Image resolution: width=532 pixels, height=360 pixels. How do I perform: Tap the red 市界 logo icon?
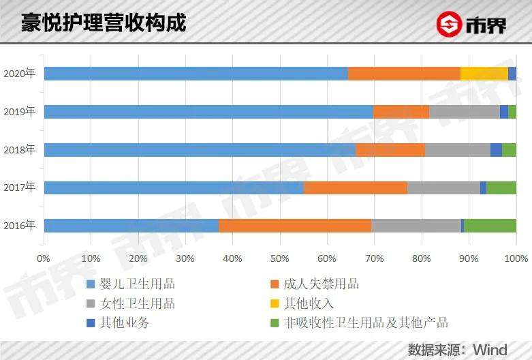pos(450,25)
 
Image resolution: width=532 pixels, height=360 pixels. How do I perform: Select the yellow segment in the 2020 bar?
pos(484,74)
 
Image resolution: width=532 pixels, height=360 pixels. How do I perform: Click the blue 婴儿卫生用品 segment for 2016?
pos(131,226)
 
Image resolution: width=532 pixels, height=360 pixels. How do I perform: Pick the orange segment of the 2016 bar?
pos(295,226)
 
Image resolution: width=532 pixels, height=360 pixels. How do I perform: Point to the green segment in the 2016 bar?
pos(490,226)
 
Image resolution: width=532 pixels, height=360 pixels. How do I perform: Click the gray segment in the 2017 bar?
pos(443,187)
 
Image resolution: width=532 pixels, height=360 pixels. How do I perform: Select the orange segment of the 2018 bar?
pos(390,150)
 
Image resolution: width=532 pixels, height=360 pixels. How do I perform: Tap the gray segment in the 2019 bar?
pos(465,112)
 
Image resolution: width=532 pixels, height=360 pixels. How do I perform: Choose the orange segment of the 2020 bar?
pos(404,74)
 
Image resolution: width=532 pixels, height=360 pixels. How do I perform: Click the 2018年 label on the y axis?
pos(19,149)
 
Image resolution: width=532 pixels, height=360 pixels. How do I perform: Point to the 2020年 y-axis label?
pos(19,74)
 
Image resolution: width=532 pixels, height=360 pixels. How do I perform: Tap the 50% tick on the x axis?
pos(280,259)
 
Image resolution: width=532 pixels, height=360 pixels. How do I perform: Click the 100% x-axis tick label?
pos(516,259)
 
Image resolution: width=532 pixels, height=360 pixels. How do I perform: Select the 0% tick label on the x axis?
pos(44,259)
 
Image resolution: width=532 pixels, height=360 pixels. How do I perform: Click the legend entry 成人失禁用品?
pos(323,284)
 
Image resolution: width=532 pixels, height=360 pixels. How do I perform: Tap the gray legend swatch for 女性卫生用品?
pos(91,303)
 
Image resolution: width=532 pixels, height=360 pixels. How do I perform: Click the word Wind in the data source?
pos(490,350)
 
